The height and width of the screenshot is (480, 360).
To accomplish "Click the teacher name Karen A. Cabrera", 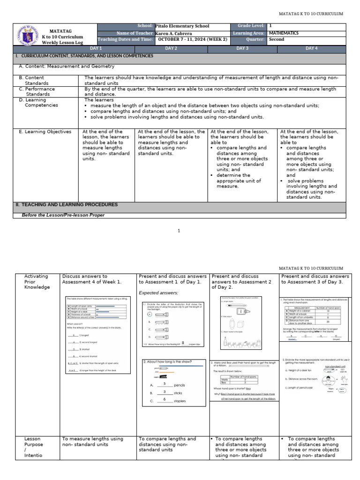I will click(173, 33).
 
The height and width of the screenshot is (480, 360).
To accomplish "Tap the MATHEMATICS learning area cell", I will click(284, 33).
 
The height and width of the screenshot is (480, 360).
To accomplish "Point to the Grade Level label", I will click(248, 26).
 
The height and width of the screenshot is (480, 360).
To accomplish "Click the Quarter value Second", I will click(277, 40).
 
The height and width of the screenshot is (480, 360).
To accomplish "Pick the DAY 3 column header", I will click(242, 48).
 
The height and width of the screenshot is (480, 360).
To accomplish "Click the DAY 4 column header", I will click(311, 48).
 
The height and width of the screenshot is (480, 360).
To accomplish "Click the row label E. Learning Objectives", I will click(45, 132).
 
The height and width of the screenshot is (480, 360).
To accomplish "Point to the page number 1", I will click(179, 231).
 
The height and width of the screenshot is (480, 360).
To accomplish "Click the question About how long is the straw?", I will click(167, 361).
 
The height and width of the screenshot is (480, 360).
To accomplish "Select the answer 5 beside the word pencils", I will click(165, 383).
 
